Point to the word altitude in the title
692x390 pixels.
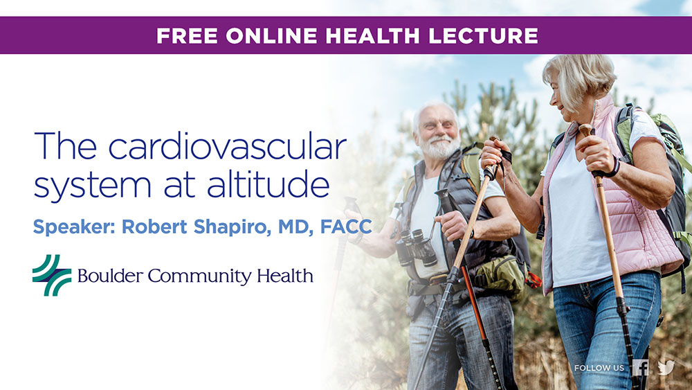(x=268, y=184)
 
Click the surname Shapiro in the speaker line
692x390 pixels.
(x=232, y=227)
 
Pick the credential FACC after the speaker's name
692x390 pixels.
(x=346, y=227)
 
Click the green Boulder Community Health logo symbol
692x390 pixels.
(x=52, y=275)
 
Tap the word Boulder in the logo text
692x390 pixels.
(x=110, y=276)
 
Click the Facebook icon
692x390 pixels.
(x=640, y=367)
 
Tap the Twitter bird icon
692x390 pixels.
(x=666, y=367)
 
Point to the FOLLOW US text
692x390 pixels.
(x=599, y=368)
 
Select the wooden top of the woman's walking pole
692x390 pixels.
(x=586, y=130)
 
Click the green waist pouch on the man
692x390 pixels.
(x=500, y=275)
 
